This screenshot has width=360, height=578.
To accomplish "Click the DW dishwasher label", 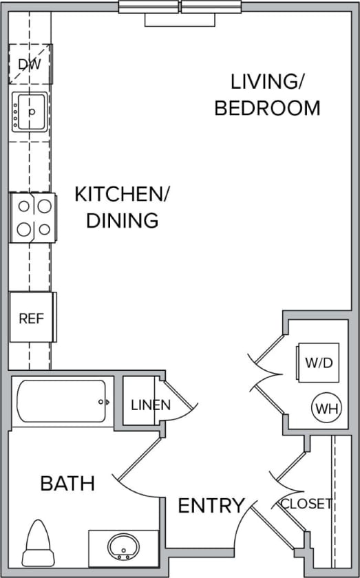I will click(30, 65).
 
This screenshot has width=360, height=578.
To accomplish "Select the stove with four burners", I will click(32, 217).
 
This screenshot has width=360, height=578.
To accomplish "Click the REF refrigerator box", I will click(31, 318).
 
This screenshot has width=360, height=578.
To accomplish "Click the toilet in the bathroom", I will click(38, 544).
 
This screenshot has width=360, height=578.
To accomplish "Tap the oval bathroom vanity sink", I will click(125, 547).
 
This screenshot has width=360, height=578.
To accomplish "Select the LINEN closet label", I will click(150, 405).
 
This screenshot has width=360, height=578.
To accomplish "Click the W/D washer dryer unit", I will click(317, 362).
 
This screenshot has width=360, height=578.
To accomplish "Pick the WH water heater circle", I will click(326, 409).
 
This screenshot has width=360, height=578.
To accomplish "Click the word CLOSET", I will click(306, 504).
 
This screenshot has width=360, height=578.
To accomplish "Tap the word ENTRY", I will click(211, 506).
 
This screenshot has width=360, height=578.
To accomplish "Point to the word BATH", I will click(67, 483).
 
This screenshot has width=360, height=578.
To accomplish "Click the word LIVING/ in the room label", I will click(267, 82).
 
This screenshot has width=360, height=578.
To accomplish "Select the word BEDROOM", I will click(267, 108).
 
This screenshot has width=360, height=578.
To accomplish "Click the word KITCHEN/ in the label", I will click(122, 193).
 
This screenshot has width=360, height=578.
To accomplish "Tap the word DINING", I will click(122, 220).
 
